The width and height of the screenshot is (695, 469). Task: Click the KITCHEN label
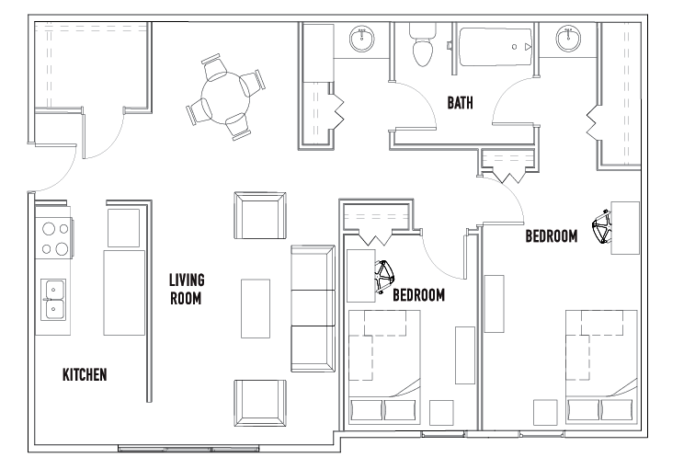[x=85, y=374]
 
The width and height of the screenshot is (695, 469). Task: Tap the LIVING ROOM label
[x=187, y=289]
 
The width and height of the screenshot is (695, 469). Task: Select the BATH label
[x=460, y=103]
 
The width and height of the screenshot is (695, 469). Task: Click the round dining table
[x=225, y=97]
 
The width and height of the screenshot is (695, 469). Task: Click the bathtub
[x=496, y=47]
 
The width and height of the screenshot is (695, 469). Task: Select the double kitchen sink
[x=53, y=300]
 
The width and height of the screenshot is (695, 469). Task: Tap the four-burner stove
[x=54, y=238]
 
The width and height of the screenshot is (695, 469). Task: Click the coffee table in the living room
[x=256, y=309]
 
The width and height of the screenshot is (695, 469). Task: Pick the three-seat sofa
[x=313, y=309]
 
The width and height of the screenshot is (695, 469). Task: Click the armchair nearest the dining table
[x=260, y=215]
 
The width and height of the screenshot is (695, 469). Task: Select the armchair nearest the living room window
[x=260, y=403]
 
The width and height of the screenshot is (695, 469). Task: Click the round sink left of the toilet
[x=362, y=39]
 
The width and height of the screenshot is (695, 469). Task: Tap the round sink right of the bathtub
[x=568, y=39]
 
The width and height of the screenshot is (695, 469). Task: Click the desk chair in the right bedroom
[x=602, y=226]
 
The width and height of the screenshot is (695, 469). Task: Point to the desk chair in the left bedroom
[x=384, y=277]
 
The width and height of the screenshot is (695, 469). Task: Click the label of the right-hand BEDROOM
[x=552, y=236]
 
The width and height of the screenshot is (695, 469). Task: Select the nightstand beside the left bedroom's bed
[x=441, y=413]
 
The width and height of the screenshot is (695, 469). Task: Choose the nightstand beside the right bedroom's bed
[x=545, y=413]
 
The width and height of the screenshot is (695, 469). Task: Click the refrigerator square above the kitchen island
[x=124, y=228]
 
